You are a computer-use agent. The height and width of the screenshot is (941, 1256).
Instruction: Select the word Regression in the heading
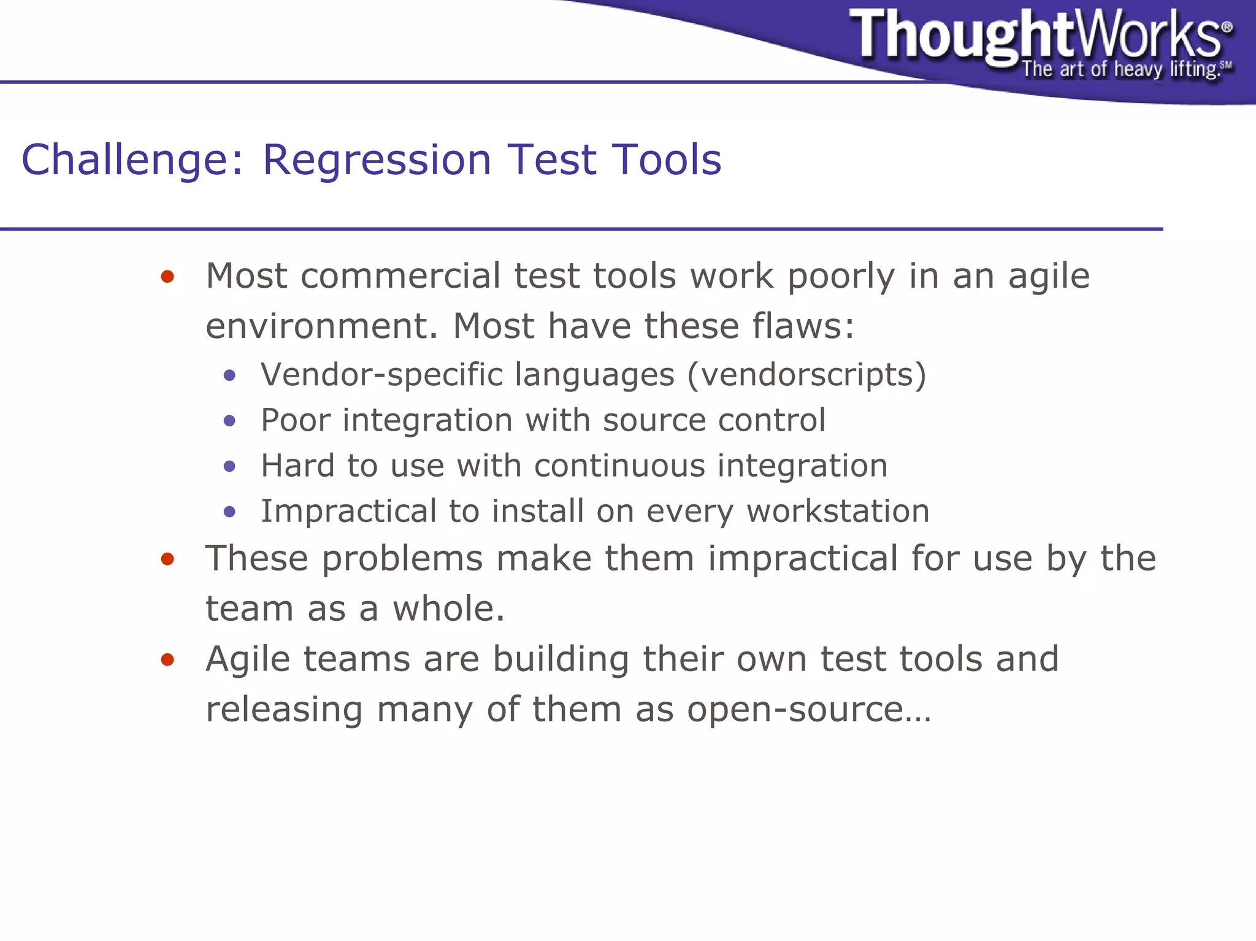point(377,159)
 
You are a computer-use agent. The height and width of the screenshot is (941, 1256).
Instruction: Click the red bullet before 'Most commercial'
point(167,277)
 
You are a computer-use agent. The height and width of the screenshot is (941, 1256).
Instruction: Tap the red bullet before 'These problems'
point(167,559)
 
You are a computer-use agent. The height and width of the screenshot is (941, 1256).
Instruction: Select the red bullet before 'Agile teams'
point(167,659)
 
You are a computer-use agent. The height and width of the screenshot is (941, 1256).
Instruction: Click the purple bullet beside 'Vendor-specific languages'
point(230,375)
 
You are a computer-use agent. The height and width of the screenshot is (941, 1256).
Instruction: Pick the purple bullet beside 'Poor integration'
point(230,420)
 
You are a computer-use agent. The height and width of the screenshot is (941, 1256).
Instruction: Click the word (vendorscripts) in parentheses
point(806,374)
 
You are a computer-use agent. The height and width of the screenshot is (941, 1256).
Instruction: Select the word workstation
point(837,511)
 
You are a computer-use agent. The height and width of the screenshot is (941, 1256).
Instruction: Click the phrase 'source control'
point(714,420)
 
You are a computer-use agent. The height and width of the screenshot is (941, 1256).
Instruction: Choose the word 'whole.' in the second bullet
point(448,609)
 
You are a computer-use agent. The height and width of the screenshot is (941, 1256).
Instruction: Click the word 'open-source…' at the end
point(809,709)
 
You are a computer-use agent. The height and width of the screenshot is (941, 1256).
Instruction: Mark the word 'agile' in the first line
point(1049,276)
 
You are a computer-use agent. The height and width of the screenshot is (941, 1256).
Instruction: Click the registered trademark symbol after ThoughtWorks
point(1227,27)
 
